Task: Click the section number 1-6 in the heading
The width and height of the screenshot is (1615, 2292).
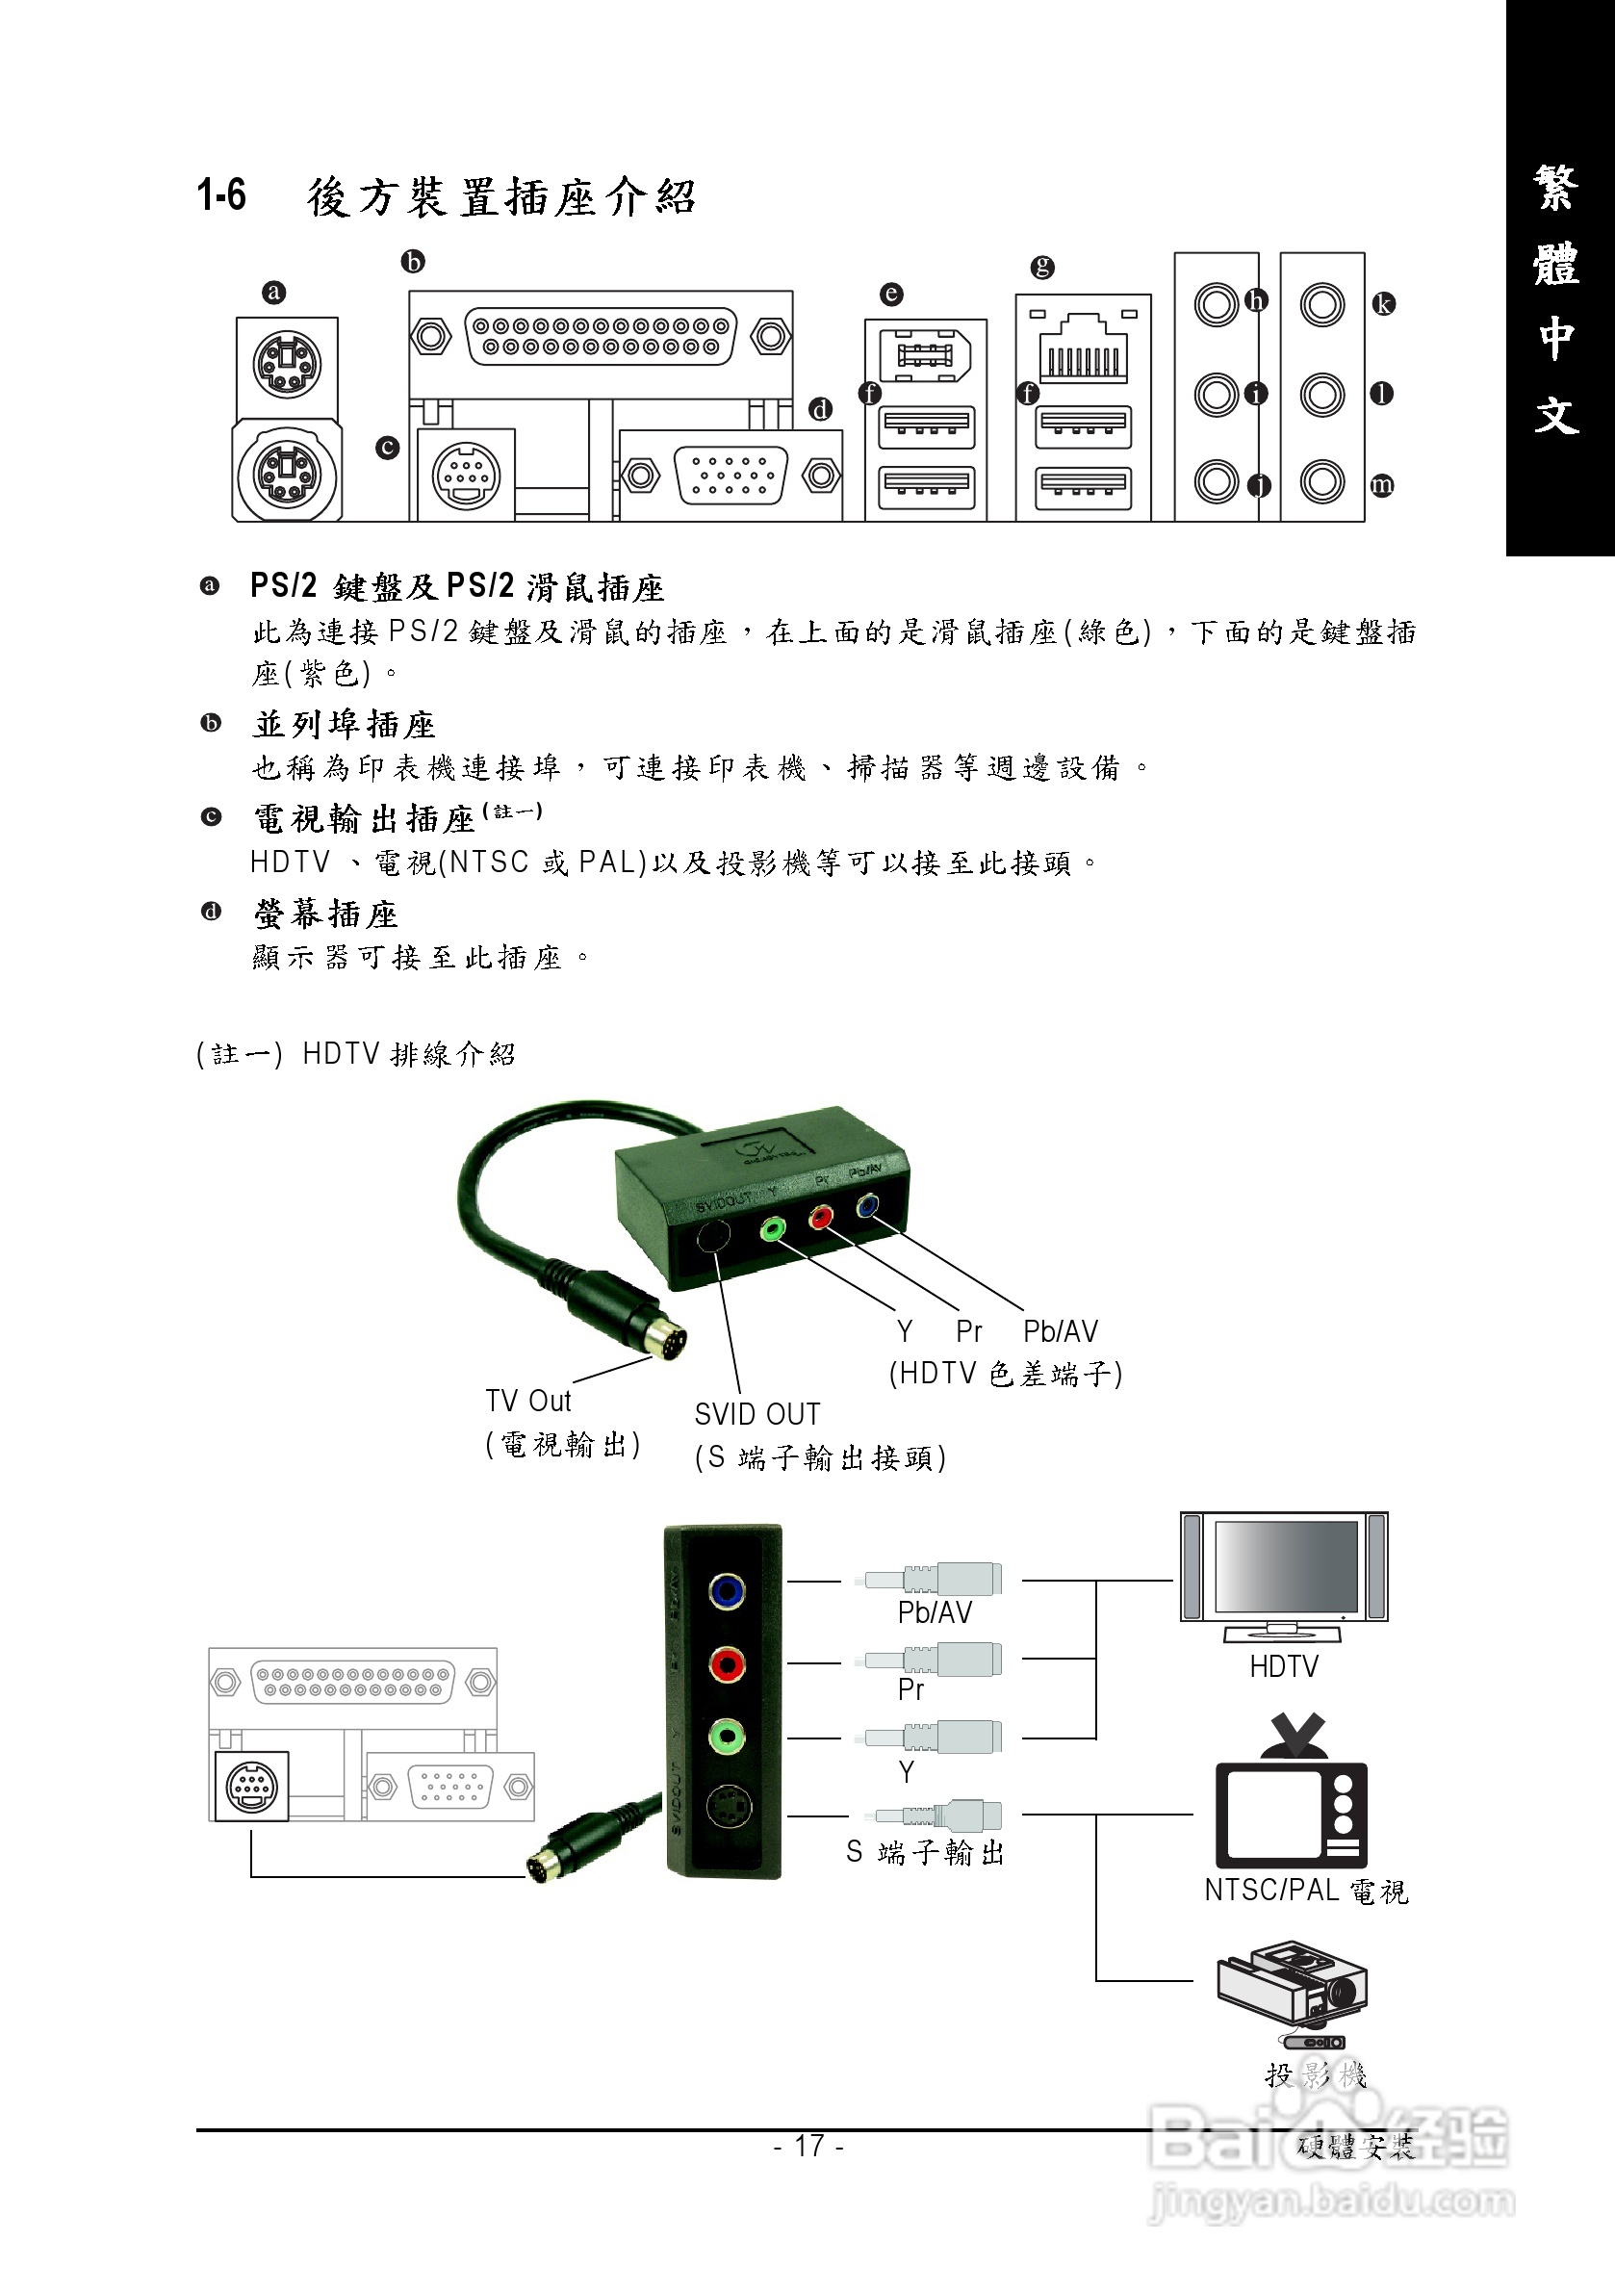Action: (x=221, y=194)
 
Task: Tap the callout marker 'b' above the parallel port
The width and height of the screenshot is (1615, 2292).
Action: (x=412, y=262)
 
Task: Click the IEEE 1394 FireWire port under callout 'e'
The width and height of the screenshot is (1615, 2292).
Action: (x=925, y=354)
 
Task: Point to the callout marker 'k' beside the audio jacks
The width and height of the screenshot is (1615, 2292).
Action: (x=1382, y=303)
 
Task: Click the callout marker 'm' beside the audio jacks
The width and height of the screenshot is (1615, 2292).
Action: (x=1381, y=485)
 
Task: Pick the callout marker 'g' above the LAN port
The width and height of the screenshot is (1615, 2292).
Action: (x=1042, y=267)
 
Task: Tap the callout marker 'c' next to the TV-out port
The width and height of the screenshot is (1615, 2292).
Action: (x=387, y=448)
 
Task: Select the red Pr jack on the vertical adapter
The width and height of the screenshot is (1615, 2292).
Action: (x=727, y=1664)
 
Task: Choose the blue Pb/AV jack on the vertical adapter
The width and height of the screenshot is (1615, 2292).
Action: (x=727, y=1590)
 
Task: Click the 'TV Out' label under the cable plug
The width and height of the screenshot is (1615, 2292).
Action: (x=528, y=1402)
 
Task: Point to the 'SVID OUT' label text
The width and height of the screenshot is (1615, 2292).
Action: (x=756, y=1414)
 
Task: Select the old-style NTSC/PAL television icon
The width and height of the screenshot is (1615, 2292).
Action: (x=1291, y=1796)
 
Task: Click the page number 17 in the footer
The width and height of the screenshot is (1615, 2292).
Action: (x=808, y=2146)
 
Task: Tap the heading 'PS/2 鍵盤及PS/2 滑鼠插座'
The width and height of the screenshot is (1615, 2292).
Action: (x=457, y=587)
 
